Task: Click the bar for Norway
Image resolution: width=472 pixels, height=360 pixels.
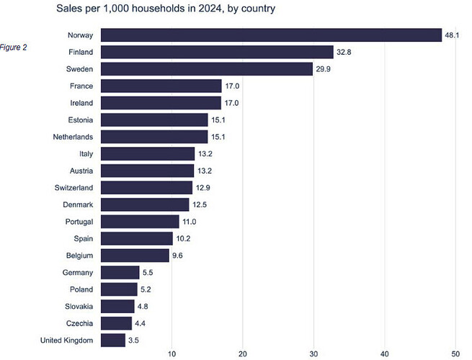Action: pyautogui.click(x=271, y=35)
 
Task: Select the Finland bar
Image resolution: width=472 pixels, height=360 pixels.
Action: pyautogui.click(x=217, y=52)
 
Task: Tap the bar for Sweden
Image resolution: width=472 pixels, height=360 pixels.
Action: pyautogui.click(x=207, y=69)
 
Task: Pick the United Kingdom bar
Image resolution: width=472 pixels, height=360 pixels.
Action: pyautogui.click(x=113, y=340)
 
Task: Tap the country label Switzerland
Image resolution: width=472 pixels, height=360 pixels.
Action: pyautogui.click(x=74, y=188)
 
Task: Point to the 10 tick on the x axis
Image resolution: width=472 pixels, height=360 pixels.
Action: pyautogui.click(x=172, y=354)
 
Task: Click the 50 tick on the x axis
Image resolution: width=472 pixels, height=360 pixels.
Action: pyautogui.click(x=455, y=354)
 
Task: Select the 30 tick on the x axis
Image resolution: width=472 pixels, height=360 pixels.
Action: pyautogui.click(x=313, y=354)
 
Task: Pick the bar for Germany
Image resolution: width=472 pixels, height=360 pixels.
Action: pyautogui.click(x=120, y=272)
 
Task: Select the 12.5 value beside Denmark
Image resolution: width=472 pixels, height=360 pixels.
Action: pyautogui.click(x=201, y=204)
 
